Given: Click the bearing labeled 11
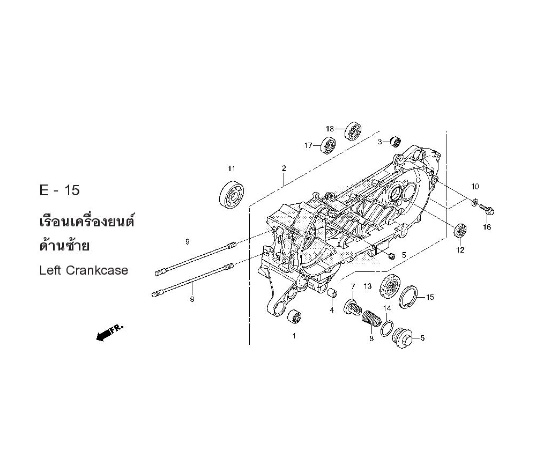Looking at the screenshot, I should pyautogui.click(x=232, y=193).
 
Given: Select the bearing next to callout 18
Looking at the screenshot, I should pyautogui.click(x=353, y=130).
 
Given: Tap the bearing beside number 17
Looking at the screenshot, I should pyautogui.click(x=328, y=145).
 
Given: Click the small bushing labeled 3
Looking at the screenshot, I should pyautogui.click(x=396, y=141).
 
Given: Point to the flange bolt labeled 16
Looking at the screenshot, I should pyautogui.click(x=487, y=209).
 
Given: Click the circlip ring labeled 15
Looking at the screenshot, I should pyautogui.click(x=415, y=298).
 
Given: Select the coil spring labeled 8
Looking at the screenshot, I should pyautogui.click(x=370, y=321).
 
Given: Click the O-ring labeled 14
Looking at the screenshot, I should pyautogui.click(x=388, y=328).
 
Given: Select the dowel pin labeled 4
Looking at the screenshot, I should pyautogui.click(x=332, y=293).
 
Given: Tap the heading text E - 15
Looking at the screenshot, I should pyautogui.click(x=60, y=190).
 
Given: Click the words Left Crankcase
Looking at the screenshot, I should pyautogui.click(x=84, y=270).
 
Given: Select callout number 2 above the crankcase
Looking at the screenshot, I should pyautogui.click(x=284, y=168).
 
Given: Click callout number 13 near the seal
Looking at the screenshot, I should pyautogui.click(x=367, y=286).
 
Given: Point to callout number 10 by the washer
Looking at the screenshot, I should pyautogui.click(x=475, y=187).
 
